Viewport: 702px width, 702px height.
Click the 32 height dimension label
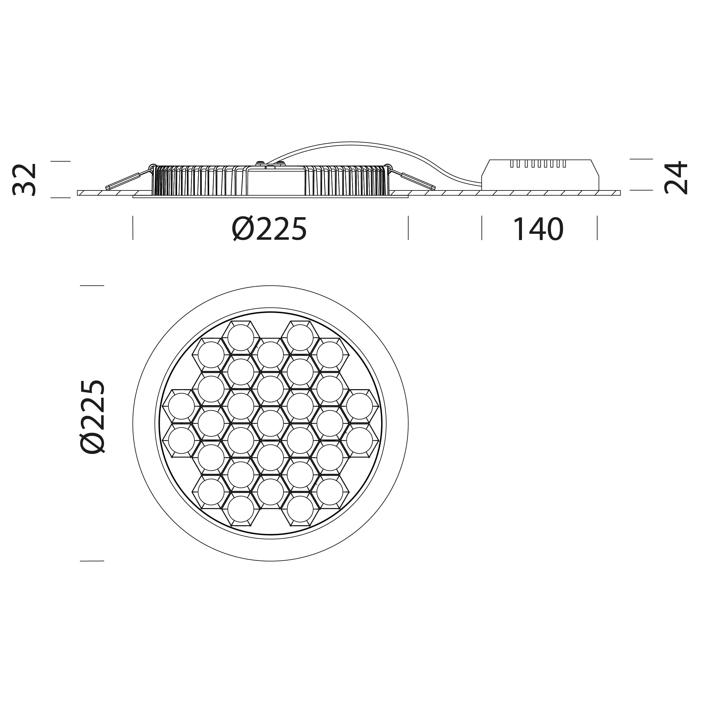(x=24, y=180)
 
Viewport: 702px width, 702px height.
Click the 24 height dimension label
(x=676, y=178)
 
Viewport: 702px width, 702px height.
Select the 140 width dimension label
(x=538, y=229)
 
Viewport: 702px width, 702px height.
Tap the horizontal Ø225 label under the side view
(x=269, y=229)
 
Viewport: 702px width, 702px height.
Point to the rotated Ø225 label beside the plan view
(x=93, y=417)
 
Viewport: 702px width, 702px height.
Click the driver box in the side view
(x=540, y=174)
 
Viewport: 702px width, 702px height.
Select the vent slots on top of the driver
(x=538, y=163)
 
